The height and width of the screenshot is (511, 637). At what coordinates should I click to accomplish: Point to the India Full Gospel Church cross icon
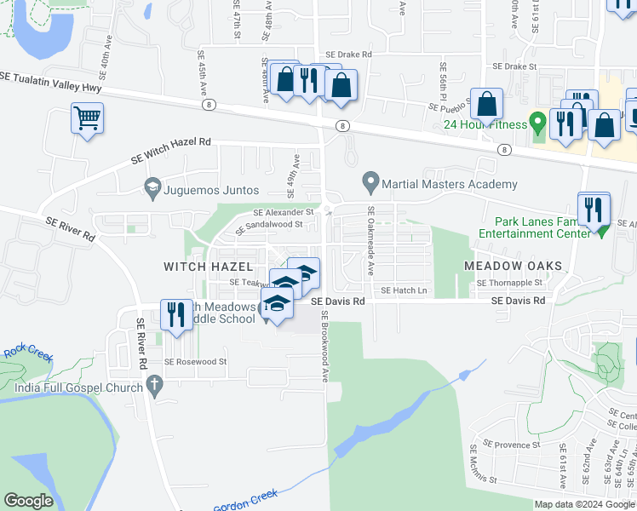(154, 388)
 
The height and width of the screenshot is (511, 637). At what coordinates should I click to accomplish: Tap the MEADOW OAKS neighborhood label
(514, 267)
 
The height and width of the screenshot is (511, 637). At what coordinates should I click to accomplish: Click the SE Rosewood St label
(196, 361)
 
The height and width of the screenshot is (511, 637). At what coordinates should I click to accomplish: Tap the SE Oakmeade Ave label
(370, 242)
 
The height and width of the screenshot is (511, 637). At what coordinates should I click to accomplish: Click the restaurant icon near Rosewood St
(176, 315)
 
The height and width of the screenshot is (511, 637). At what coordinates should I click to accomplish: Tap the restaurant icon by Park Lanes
(594, 208)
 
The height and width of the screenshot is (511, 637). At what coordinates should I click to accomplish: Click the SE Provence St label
(512, 444)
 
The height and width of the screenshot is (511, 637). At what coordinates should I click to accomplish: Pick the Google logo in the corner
(28, 501)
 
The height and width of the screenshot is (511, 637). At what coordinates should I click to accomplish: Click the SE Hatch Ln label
(404, 290)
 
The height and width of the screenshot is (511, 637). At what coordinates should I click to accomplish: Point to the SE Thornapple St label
(509, 283)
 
